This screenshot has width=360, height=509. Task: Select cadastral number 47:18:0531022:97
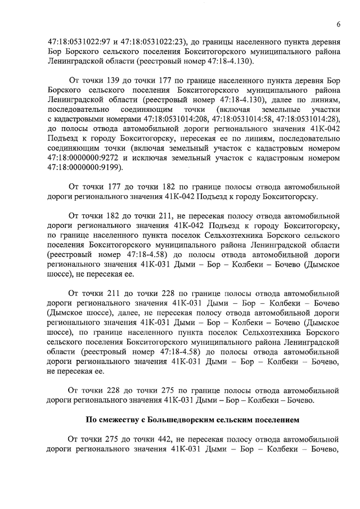tap(79, 41)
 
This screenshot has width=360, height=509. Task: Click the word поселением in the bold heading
tap(281, 420)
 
